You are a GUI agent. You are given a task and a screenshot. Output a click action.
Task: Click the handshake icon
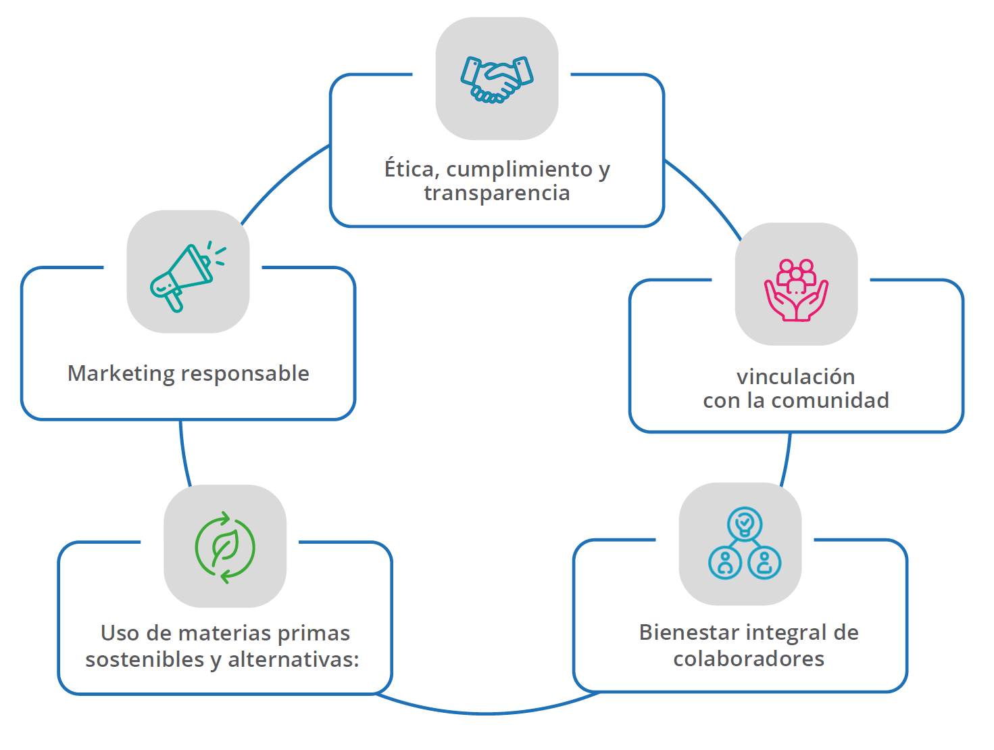[x=497, y=79]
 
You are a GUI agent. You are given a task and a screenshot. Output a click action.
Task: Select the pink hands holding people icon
[x=796, y=289]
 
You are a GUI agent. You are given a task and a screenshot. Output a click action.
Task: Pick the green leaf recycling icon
[x=225, y=548]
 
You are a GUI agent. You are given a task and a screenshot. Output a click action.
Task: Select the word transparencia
[x=497, y=193]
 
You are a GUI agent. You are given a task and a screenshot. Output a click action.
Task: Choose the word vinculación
[x=795, y=377]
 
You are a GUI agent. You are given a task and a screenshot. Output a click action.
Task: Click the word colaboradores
[x=749, y=659]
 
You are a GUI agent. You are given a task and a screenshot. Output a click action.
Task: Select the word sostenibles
[x=145, y=659]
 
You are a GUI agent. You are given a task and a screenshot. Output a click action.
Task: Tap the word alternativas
[x=293, y=659]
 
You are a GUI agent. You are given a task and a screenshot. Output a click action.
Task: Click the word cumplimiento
[x=519, y=169]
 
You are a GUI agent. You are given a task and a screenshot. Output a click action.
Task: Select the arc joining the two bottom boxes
[x=487, y=712]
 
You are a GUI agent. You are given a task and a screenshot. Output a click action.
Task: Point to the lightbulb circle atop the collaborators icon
[x=745, y=523]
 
